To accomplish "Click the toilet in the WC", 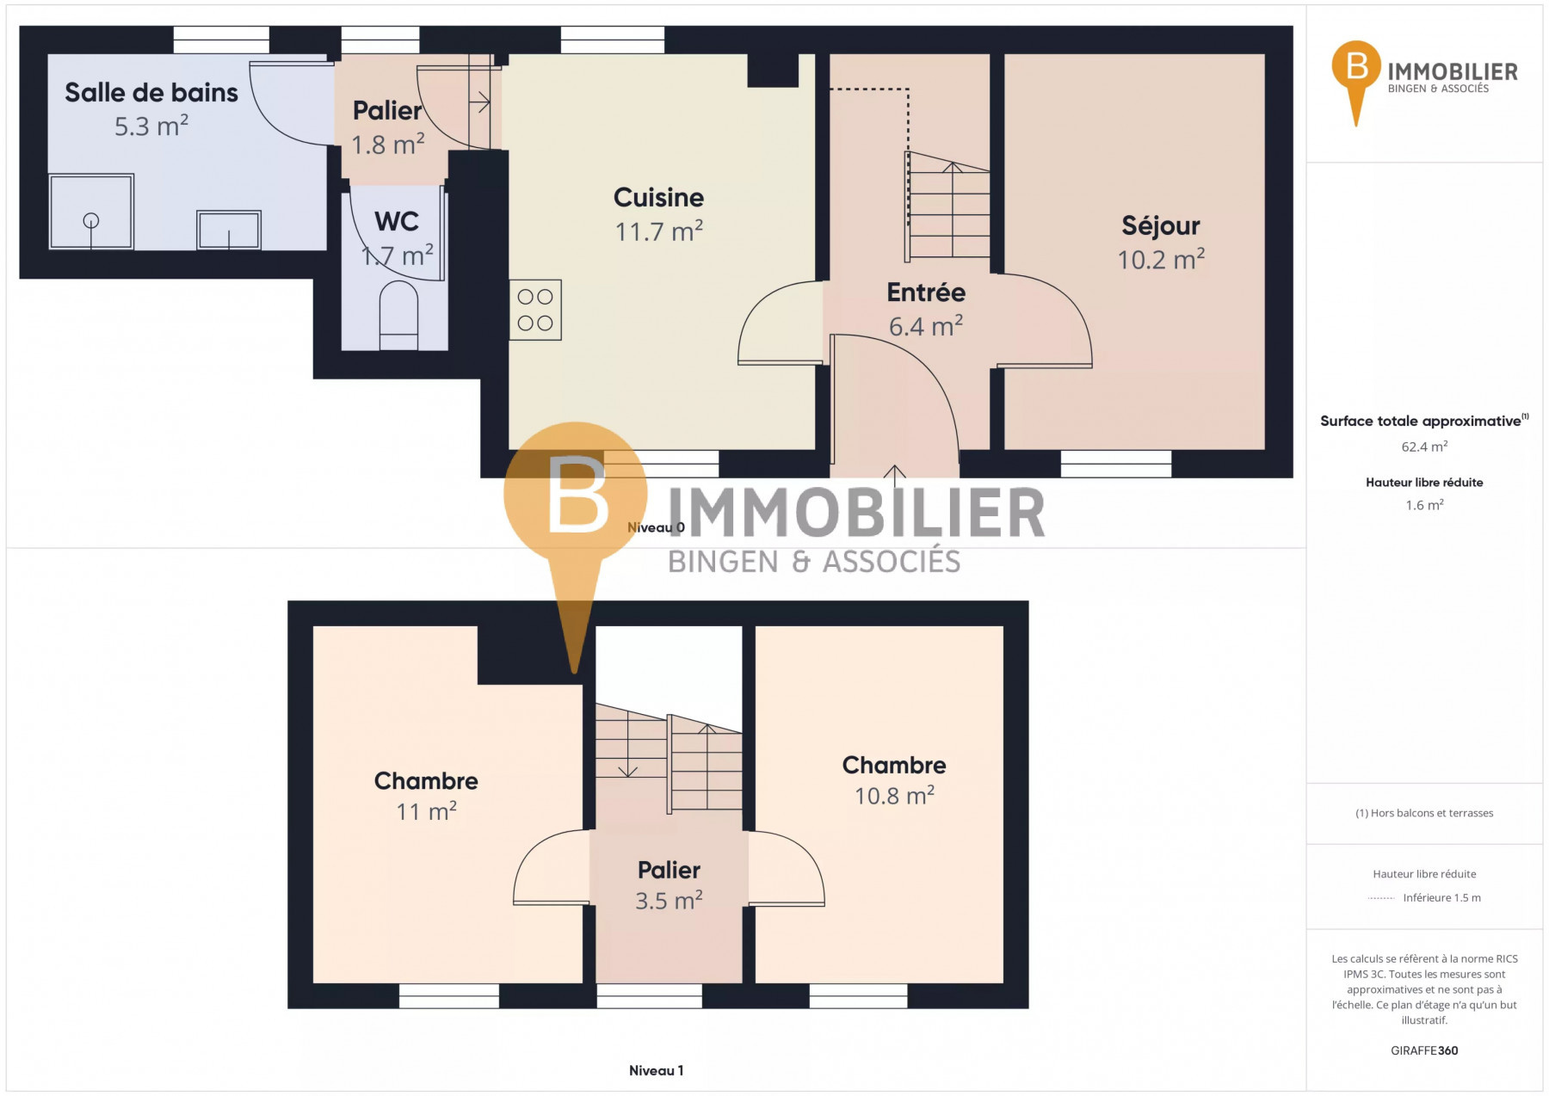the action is [398, 316].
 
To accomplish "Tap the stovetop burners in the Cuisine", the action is [535, 310].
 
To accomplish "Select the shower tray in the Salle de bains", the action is [91, 212].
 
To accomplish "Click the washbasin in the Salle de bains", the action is [229, 230].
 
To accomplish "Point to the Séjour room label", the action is [1161, 226].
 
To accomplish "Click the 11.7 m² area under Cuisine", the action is [659, 231].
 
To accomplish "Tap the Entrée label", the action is [926, 292].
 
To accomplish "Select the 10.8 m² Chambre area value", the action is [894, 796].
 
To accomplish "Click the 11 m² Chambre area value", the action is [426, 811].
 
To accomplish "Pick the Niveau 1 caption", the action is [657, 1071].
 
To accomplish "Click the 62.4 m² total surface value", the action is [1424, 446].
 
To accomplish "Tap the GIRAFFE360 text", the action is [1424, 1050].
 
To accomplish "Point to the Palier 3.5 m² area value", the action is [669, 901].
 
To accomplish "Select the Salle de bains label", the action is [151, 93].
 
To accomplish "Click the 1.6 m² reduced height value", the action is [1424, 505].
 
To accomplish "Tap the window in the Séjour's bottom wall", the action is [1116, 465].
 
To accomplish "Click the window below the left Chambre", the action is [449, 996].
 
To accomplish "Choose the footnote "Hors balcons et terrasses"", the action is [1424, 813].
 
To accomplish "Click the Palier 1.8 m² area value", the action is [388, 145].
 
